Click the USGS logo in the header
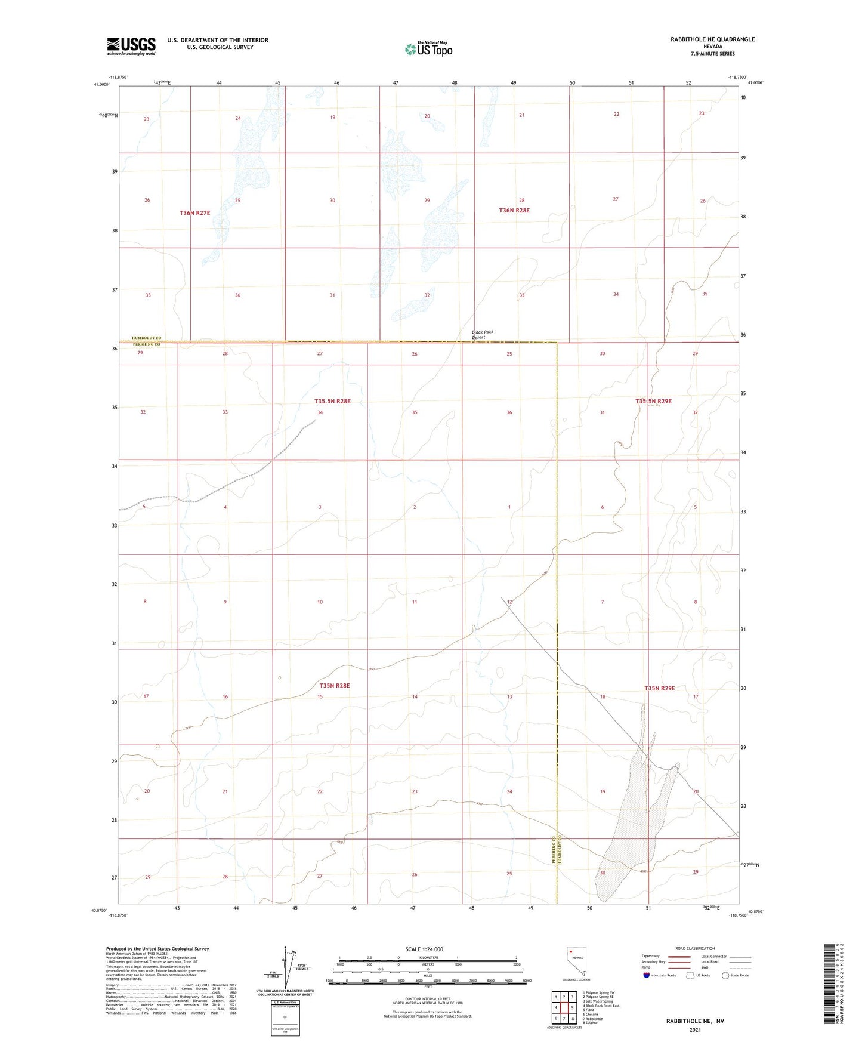point(131,46)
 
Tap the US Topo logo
point(428,49)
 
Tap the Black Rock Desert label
point(483,335)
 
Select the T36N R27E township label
point(195,213)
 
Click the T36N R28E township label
point(514,211)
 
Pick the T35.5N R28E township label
point(332,402)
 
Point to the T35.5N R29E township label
point(653,402)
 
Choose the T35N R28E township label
point(334,686)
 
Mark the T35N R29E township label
point(659,688)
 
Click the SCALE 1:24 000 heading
point(424,949)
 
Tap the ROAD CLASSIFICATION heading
point(695,948)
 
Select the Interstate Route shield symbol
point(648,976)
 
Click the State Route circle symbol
point(725,976)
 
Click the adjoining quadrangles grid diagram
point(564,1007)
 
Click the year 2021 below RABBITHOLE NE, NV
point(695,1030)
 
